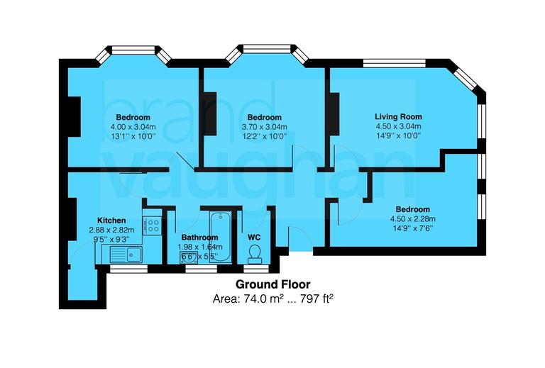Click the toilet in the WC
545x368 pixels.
click(255, 253)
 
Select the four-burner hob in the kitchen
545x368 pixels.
click(152, 225)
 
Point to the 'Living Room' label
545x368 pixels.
click(398, 117)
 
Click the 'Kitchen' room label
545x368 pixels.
click(111, 221)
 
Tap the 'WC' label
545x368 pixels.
click(255, 238)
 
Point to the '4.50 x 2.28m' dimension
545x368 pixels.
click(412, 218)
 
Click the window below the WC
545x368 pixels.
click(254, 269)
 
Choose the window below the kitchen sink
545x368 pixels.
click(128, 269)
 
